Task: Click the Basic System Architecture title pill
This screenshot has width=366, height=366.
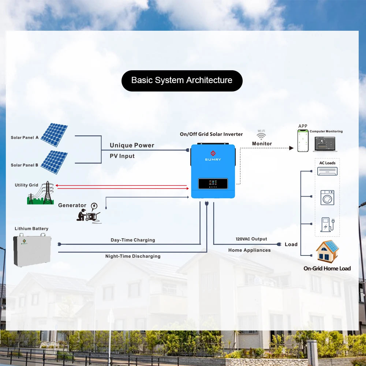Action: click(x=182, y=81)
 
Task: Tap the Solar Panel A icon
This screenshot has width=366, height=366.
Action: click(x=54, y=135)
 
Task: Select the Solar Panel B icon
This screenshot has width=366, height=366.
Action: click(x=54, y=162)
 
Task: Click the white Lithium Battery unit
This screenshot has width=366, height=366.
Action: click(x=32, y=251)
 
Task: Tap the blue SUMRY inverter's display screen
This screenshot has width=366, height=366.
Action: click(x=213, y=183)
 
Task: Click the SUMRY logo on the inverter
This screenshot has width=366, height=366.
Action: click(x=213, y=156)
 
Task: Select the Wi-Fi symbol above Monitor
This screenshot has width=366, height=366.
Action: click(x=261, y=136)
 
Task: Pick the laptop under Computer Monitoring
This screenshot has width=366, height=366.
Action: click(x=324, y=144)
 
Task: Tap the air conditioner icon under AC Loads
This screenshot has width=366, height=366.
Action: click(x=327, y=171)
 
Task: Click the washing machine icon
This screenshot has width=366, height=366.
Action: click(x=327, y=197)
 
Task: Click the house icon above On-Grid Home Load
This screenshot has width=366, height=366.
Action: click(x=328, y=251)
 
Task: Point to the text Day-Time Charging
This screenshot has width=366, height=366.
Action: click(x=133, y=240)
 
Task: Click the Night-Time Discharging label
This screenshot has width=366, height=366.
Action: click(x=133, y=256)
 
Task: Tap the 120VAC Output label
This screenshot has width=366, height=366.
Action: click(x=251, y=239)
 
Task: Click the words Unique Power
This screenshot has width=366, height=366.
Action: click(x=132, y=145)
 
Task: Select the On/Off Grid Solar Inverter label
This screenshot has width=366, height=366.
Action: click(x=211, y=134)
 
